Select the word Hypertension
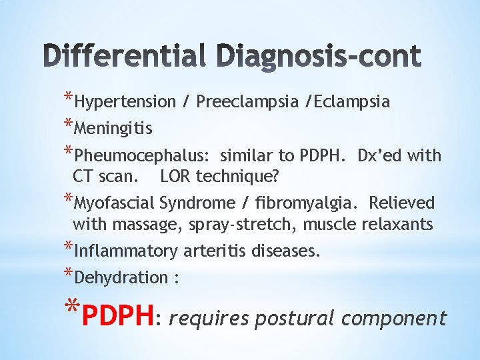125,102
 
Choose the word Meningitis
113,128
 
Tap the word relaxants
399,225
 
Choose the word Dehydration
121,277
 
